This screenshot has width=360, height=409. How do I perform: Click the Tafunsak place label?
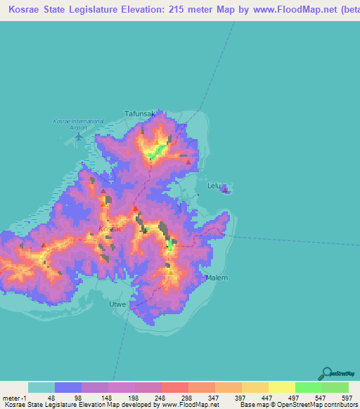coord(139,112)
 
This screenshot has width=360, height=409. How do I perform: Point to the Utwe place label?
coord(117,304)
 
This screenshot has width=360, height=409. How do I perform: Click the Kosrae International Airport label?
coord(79,124)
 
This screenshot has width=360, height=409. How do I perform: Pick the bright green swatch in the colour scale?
coord(308,387)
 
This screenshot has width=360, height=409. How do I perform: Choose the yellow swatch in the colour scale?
coord(281,387)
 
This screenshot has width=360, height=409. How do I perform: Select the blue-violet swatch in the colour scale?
coord(68,387)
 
